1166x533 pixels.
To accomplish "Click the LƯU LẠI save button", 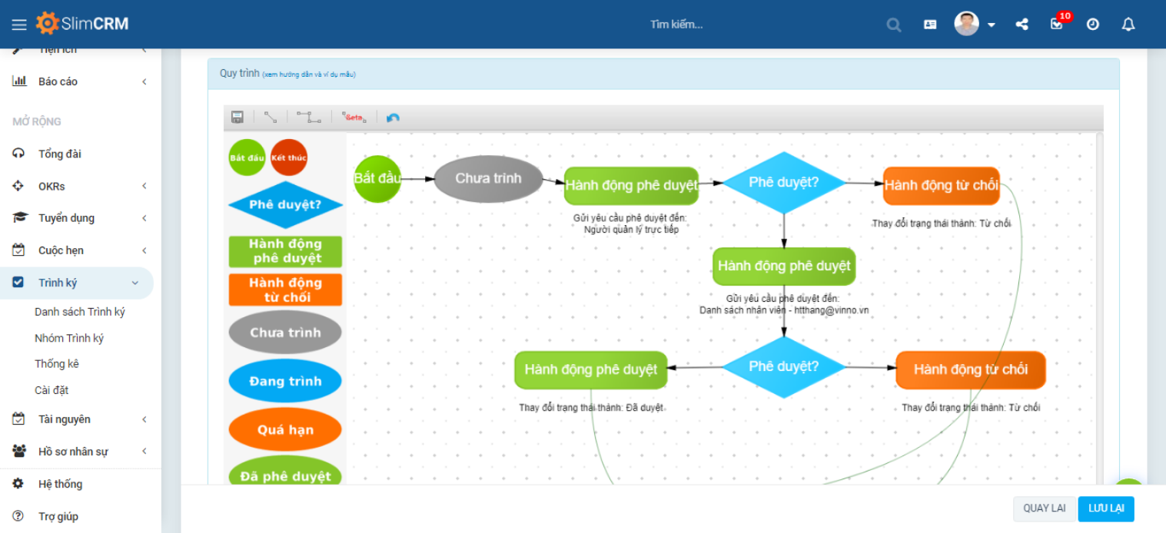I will click(1106, 508).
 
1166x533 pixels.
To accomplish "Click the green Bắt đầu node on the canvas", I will click(377, 179).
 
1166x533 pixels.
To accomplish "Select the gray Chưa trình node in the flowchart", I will click(488, 179).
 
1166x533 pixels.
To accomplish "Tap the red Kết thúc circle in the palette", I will click(288, 157).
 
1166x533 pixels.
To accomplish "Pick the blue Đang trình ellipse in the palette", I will click(285, 381).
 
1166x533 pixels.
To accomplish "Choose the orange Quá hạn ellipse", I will click(285, 430).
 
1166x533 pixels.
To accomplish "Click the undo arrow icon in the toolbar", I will click(393, 118).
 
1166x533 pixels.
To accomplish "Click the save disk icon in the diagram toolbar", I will click(238, 118).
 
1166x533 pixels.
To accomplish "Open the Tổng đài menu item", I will click(59, 154).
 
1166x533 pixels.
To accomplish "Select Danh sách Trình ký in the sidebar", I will click(80, 312).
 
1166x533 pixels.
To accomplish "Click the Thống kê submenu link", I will click(57, 364).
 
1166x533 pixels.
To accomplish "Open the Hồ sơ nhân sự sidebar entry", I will click(73, 452).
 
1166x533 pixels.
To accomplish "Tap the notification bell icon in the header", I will click(1128, 25).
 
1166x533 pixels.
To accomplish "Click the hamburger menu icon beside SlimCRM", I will click(19, 25).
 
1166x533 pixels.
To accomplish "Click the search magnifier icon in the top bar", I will click(893, 25).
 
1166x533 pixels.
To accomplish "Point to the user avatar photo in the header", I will click(966, 24).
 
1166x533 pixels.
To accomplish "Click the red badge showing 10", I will click(1065, 16).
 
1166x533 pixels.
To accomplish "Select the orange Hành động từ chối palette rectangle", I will click(285, 290).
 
